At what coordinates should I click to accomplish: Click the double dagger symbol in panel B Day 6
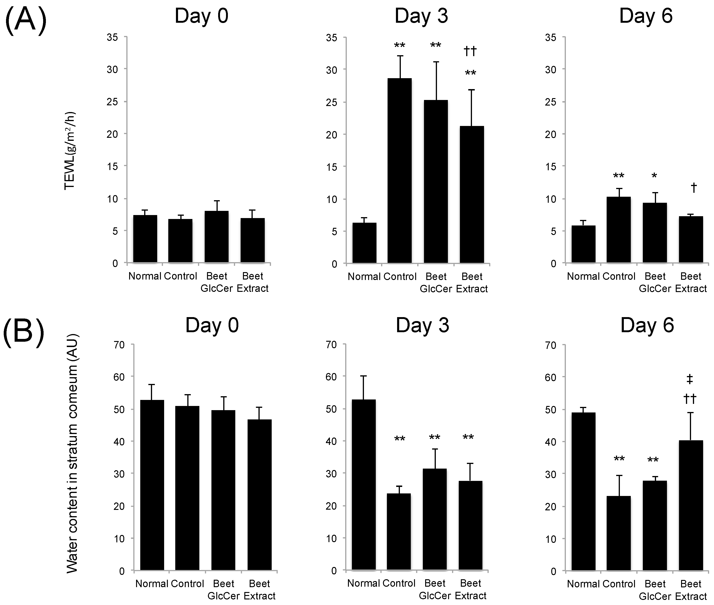(x=690, y=379)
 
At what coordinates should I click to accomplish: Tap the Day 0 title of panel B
(x=212, y=325)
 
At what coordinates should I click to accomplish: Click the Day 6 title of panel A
(x=646, y=16)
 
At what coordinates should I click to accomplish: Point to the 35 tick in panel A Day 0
(x=112, y=37)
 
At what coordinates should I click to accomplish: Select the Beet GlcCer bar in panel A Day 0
(x=217, y=237)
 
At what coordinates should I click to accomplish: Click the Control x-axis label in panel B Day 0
(x=187, y=584)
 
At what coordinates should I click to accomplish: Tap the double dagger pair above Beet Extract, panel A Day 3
(x=470, y=51)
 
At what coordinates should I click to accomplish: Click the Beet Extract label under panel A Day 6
(x=691, y=282)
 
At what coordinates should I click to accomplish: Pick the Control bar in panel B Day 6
(x=619, y=533)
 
